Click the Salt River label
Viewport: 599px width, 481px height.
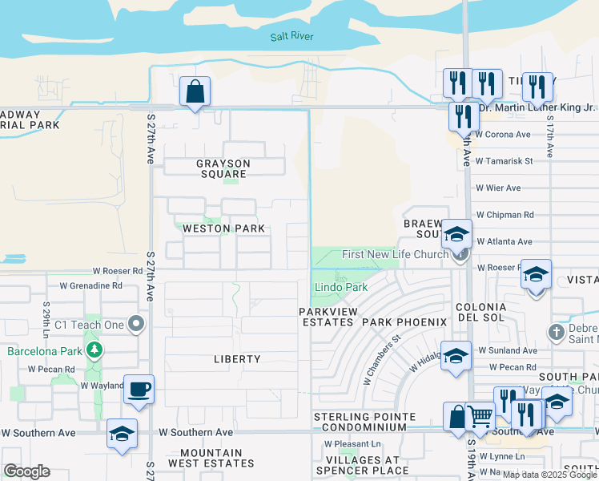point(291,36)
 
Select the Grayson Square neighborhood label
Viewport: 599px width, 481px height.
point(223,168)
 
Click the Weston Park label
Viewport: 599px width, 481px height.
point(223,228)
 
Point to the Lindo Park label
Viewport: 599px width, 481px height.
point(340,287)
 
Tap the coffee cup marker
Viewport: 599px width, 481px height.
point(139,389)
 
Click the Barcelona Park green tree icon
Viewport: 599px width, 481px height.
point(94,350)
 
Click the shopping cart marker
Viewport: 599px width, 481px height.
point(479,416)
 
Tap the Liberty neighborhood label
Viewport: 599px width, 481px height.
point(237,359)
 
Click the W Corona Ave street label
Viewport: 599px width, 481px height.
point(503,135)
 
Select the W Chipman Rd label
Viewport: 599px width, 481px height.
point(505,215)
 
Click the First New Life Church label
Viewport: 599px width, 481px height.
point(395,254)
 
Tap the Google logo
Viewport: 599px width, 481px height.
point(26,471)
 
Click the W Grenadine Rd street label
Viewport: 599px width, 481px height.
point(90,285)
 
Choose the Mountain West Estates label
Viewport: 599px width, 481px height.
point(211,459)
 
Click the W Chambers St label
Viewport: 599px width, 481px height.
point(381,360)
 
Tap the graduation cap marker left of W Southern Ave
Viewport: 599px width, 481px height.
point(121,434)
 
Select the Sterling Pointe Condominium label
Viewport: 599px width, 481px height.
point(364,422)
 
